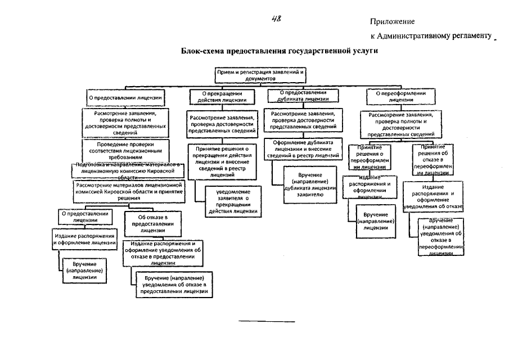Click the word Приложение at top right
click(x=392, y=22)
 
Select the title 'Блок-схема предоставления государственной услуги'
click(x=280, y=51)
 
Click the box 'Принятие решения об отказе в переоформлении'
click(x=430, y=160)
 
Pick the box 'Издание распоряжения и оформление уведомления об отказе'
click(x=433, y=196)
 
